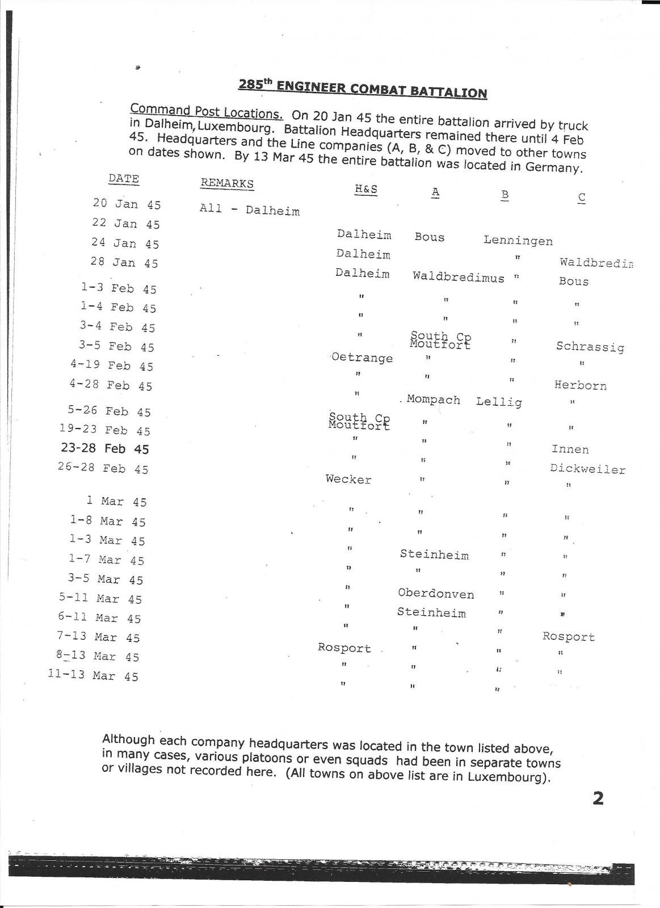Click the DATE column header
124,179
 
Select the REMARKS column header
227,183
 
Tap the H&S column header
366,190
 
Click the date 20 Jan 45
127,204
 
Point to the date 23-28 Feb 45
105,449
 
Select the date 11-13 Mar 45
93,676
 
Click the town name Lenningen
518,241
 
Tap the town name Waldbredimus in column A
458,277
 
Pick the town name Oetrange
361,358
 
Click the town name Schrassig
590,347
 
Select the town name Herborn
580,386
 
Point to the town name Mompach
433,400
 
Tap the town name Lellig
499,402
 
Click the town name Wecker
348,480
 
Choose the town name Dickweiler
587,469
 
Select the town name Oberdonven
435,594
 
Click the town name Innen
570,449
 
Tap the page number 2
598,798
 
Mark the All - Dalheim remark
249,209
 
